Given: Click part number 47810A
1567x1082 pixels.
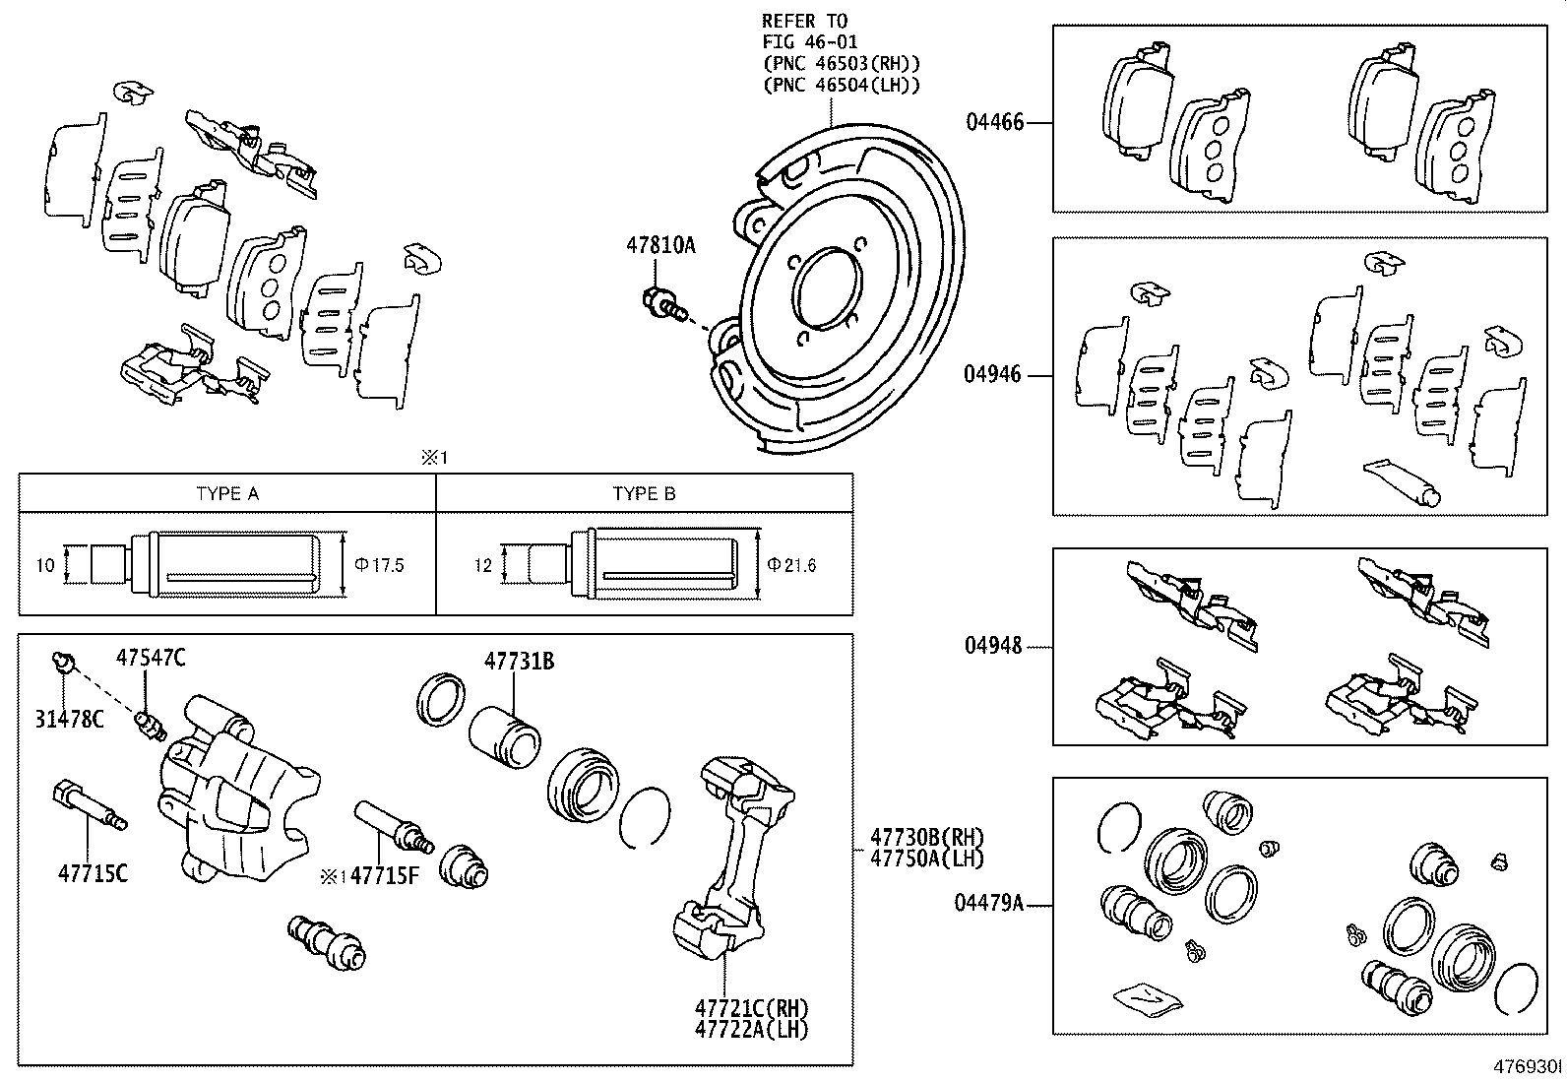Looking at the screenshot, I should (x=660, y=245).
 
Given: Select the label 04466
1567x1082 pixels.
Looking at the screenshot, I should (x=994, y=122).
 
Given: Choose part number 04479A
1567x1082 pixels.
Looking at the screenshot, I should (x=988, y=902).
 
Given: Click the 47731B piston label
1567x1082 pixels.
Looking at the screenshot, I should (x=519, y=662).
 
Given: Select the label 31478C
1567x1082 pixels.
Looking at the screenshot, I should (x=68, y=720).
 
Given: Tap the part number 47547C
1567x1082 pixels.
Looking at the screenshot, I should (x=151, y=658).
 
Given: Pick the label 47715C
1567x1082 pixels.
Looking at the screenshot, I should (x=93, y=872).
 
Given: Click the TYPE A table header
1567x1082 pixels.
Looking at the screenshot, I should (x=227, y=494).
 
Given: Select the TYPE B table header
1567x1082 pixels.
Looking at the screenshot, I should (x=644, y=494).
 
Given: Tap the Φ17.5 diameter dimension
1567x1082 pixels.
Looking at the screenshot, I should (x=379, y=565).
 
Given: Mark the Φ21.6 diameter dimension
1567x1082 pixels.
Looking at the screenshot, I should (x=791, y=565).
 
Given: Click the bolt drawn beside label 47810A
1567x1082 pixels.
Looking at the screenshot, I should (x=661, y=303).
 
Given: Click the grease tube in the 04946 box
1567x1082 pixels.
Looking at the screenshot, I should (x=1402, y=481).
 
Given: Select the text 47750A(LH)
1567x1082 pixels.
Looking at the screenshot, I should (x=926, y=858).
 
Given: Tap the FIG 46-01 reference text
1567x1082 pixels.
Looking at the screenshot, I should (x=810, y=41).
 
